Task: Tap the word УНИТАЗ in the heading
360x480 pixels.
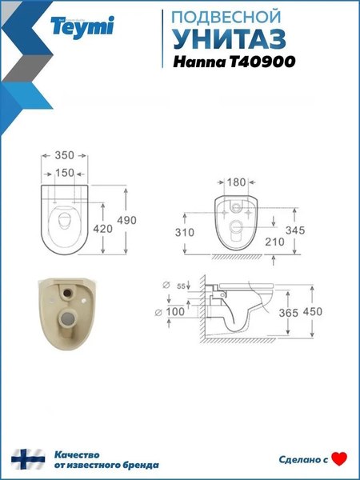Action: [225, 40]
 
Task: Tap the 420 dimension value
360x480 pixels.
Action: [103, 230]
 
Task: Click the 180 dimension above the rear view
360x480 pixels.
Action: [237, 182]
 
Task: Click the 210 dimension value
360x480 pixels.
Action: [295, 242]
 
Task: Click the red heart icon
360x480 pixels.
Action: [340, 458]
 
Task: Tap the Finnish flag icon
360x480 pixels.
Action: [26, 458]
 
